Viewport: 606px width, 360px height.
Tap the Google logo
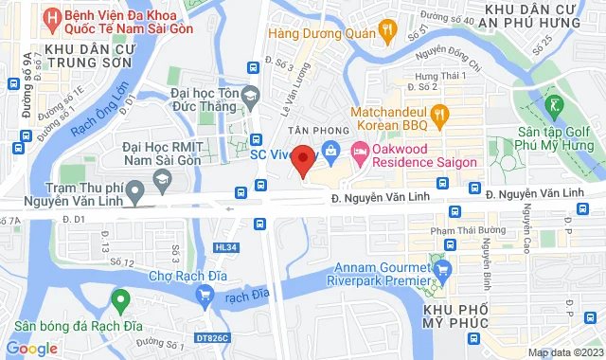[31, 348]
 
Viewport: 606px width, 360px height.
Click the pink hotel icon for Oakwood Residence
[360, 151]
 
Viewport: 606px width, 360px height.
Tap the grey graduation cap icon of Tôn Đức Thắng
[249, 94]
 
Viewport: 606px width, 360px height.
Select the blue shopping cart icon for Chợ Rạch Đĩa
[204, 296]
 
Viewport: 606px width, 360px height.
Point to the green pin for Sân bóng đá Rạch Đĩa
[119, 302]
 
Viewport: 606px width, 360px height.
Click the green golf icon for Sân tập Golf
[556, 104]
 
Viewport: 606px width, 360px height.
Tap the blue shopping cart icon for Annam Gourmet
[440, 272]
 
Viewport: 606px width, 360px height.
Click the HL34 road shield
[225, 247]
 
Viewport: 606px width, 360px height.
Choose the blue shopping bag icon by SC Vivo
[330, 150]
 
